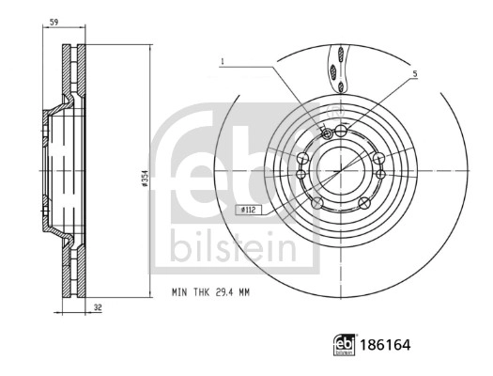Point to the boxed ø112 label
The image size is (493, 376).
point(248,211)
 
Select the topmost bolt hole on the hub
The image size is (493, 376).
point(342,130)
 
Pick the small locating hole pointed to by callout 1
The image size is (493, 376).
point(326,133)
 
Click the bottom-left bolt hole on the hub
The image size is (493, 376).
point(317,202)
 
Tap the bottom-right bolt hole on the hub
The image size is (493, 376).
point(365,202)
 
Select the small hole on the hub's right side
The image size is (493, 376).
point(380,173)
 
